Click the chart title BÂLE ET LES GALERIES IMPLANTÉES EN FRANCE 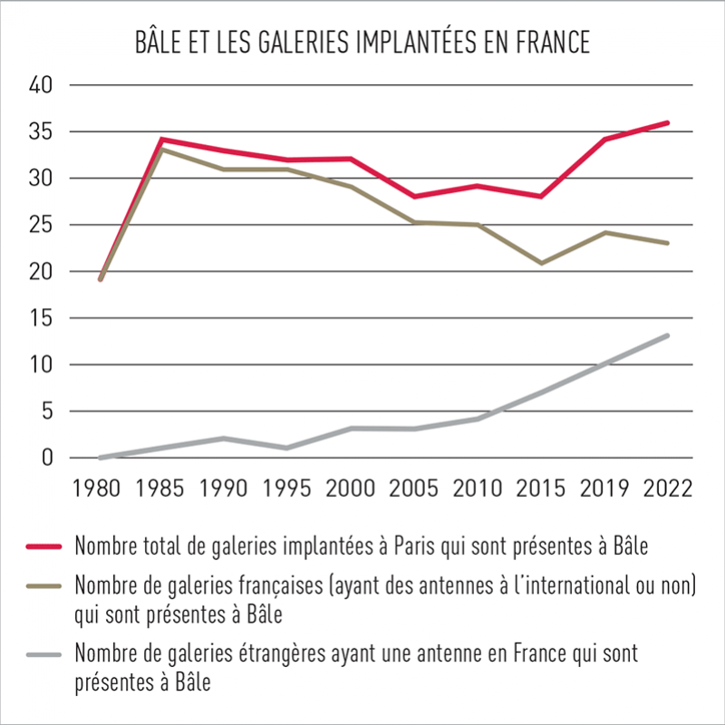coord(362,42)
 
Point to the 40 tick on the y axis coord(43,85)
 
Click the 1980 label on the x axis coord(101,488)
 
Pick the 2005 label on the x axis coord(414,488)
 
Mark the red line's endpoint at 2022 coord(667,122)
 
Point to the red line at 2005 coord(414,196)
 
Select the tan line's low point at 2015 coord(541,263)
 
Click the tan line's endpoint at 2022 coord(667,243)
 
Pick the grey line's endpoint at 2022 coord(667,336)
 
